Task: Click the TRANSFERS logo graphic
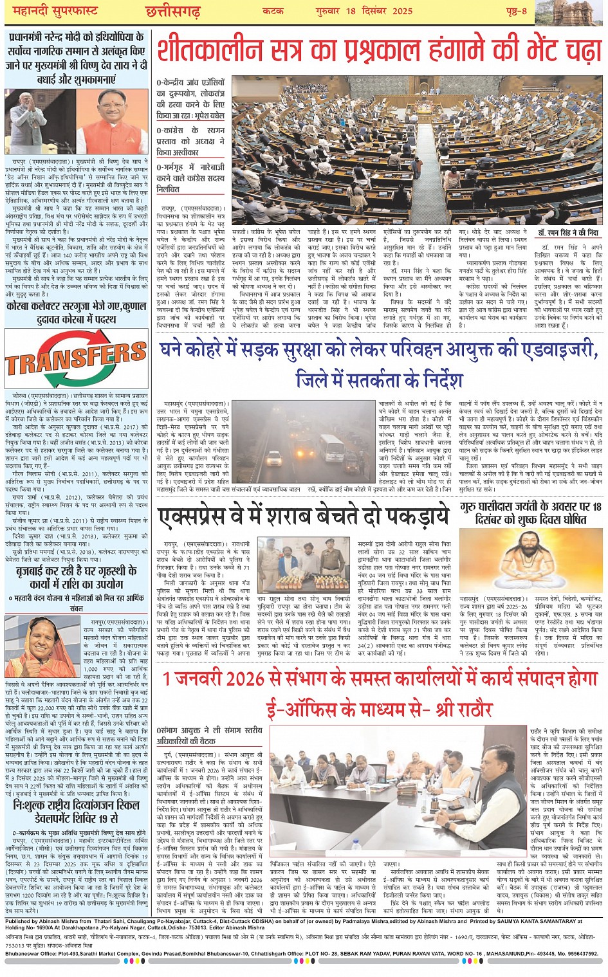76,358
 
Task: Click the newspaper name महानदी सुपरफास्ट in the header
51,11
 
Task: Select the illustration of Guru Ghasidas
531,559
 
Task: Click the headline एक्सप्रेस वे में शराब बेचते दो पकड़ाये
304,516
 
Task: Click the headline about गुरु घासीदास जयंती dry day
531,513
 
